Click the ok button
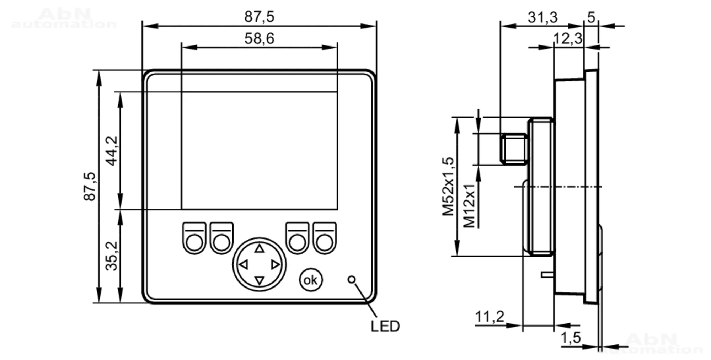tap(310, 280)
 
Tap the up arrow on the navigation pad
tap(260, 248)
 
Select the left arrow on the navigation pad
tap(244, 265)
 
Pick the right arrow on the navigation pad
tap(276, 265)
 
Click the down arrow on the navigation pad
tap(260, 281)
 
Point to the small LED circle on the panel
tap(352, 280)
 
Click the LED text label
tap(385, 326)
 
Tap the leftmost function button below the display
tap(194, 238)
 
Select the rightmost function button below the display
tap(325, 238)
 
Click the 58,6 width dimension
tap(259, 38)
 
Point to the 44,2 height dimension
tap(112, 151)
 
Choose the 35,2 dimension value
tap(112, 256)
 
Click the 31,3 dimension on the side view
tap(542, 17)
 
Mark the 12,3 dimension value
tap(568, 38)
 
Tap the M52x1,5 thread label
tap(448, 186)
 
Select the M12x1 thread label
tap(469, 205)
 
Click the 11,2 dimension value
tap(490, 316)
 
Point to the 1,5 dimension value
tap(571, 337)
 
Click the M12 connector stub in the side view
tap(514, 149)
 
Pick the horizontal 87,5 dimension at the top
tap(259, 17)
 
